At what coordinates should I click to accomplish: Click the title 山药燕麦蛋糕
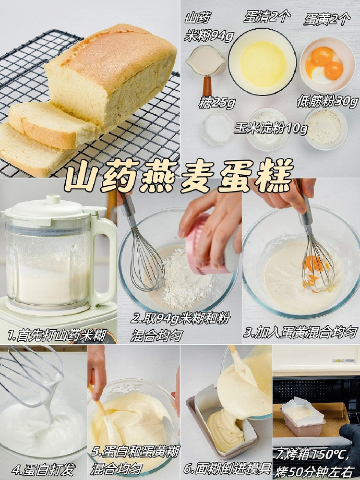click(x=179, y=176)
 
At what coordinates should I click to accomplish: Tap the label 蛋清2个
click(x=267, y=17)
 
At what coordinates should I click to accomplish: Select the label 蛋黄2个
click(x=327, y=19)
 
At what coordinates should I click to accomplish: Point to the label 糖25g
click(x=217, y=102)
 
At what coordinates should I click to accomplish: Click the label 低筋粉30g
click(x=327, y=101)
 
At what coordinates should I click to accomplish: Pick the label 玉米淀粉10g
click(x=271, y=128)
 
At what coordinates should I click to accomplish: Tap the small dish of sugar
click(x=218, y=128)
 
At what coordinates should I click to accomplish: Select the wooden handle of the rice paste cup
click(x=207, y=86)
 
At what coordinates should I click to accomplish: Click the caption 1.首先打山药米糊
click(x=57, y=335)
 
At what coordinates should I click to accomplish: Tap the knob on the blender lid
click(x=53, y=200)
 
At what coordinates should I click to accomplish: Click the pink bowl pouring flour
click(x=207, y=245)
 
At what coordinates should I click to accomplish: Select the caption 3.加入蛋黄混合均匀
click(x=301, y=332)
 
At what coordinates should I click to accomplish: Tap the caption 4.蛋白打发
click(x=43, y=470)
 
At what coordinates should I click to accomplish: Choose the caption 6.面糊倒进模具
click(x=227, y=469)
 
